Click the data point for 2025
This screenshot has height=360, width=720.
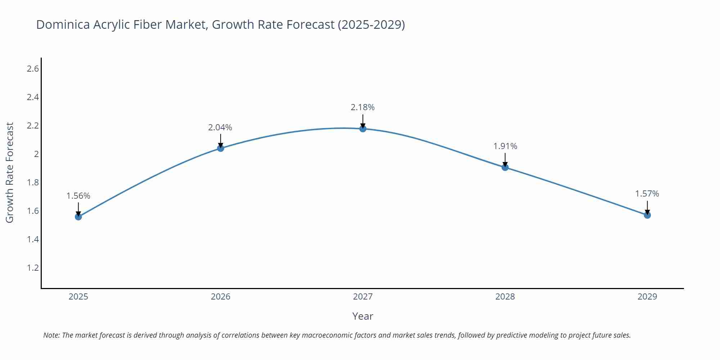[x=78, y=217]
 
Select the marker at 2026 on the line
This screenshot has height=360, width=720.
[x=221, y=148]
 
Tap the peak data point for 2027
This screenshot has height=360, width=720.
[x=363, y=129]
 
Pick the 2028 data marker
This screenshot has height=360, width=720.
[x=505, y=167]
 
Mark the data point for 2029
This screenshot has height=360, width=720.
[x=647, y=215]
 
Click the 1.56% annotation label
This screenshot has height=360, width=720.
[x=78, y=196]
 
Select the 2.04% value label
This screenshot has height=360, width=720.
[x=220, y=127]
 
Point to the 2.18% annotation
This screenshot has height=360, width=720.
[x=363, y=107]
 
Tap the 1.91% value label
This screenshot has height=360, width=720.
[x=505, y=146]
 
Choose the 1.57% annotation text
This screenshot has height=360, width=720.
[x=647, y=194]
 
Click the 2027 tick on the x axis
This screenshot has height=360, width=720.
[x=363, y=297]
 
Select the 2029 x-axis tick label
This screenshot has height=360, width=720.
[x=647, y=297]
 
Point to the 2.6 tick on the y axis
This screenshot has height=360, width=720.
[x=33, y=69]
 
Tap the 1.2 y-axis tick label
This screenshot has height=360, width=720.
[x=33, y=268]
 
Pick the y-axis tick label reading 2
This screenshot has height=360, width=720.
[x=36, y=154]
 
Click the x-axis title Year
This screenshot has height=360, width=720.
[x=363, y=316]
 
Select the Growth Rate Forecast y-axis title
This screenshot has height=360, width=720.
[x=10, y=172]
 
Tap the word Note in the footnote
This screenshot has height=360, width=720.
[x=51, y=335]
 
